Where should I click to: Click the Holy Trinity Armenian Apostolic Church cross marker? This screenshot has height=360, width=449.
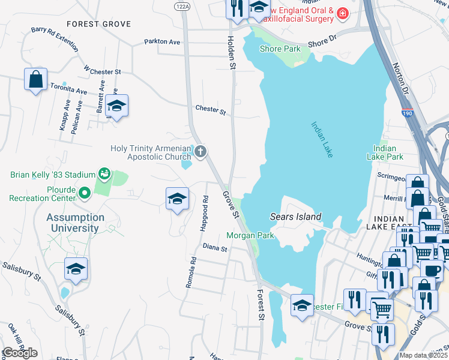click(200, 151)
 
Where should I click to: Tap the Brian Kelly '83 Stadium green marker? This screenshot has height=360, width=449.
click(104, 175)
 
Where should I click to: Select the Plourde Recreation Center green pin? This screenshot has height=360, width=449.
click(85, 193)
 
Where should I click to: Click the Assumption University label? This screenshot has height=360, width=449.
click(76, 223)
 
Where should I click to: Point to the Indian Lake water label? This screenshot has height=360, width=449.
click(322, 140)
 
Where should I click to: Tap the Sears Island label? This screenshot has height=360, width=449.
click(296, 217)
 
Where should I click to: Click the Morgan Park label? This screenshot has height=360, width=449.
click(250, 236)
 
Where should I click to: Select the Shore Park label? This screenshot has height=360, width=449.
click(280, 49)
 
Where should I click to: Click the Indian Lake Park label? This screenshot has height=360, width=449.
click(385, 152)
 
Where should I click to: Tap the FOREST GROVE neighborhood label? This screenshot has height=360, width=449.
click(98, 24)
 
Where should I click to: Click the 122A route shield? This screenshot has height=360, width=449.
click(182, 5)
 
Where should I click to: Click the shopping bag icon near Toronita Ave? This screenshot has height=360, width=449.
click(35, 79)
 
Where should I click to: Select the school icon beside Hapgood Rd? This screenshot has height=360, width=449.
click(177, 199)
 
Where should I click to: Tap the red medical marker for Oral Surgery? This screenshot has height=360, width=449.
click(342, 13)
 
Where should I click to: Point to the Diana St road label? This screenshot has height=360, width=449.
click(215, 247)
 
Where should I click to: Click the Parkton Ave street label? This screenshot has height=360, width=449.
click(162, 42)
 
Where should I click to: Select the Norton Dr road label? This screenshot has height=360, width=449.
click(400, 75)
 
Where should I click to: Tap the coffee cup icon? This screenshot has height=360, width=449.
click(431, 270)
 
